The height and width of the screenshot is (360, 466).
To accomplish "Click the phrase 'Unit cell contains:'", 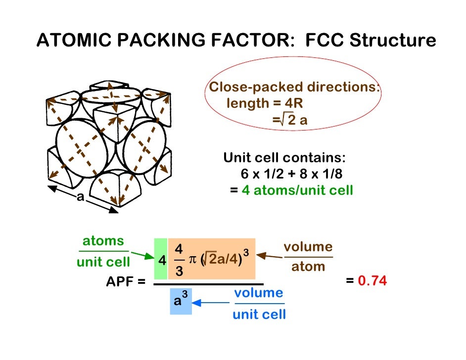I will (x=284, y=158).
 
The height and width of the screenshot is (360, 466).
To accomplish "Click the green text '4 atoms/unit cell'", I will (x=297, y=190).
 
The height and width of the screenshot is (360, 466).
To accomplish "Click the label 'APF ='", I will (x=126, y=282).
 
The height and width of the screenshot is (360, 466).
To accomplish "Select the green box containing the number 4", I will (x=161, y=259).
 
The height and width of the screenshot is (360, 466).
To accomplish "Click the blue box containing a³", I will (x=181, y=301).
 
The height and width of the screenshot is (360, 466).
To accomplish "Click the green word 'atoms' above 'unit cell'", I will (x=103, y=241).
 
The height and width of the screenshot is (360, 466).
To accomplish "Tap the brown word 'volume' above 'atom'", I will (x=308, y=247).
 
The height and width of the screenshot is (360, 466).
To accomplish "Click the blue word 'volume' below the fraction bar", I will (x=259, y=293).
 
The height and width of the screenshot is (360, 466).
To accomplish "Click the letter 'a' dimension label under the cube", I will (x=80, y=197).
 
